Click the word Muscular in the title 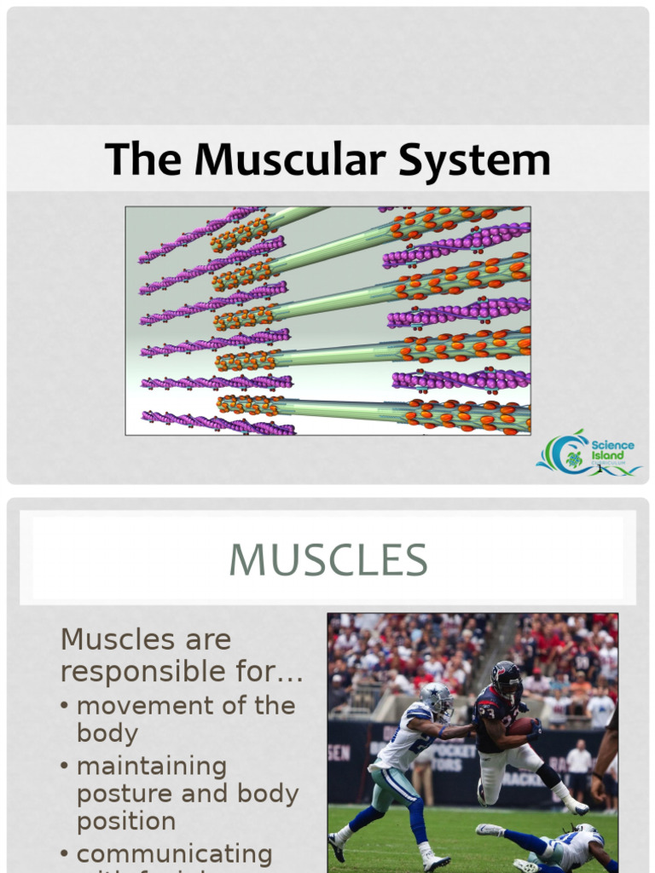click(x=287, y=160)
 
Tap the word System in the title click(x=467, y=160)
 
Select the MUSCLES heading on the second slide click(x=327, y=559)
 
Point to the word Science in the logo click(x=613, y=446)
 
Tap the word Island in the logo click(x=607, y=455)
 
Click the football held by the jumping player click(x=521, y=726)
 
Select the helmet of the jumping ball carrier click(x=506, y=678)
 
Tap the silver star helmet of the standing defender click(x=437, y=699)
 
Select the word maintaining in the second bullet click(x=152, y=766)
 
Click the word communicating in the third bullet click(x=174, y=853)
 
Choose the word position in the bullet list click(x=126, y=822)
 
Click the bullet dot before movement click(x=66, y=707)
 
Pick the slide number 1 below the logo click(x=600, y=468)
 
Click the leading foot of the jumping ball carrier click(x=577, y=807)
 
